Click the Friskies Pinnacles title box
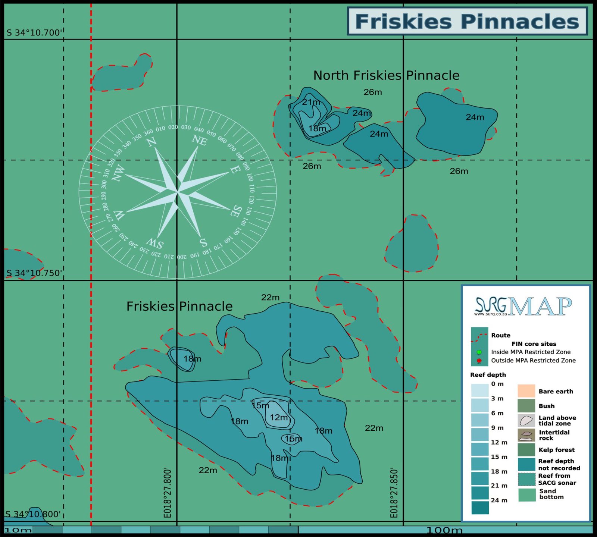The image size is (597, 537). tap(467, 21)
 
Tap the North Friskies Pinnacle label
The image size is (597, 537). tap(386, 76)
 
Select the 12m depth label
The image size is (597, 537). tap(279, 418)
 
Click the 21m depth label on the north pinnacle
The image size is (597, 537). tap(311, 102)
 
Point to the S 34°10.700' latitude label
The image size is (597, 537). tap(34, 33)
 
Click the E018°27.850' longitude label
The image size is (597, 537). tap(394, 493)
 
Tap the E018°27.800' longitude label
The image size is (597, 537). tap(168, 493)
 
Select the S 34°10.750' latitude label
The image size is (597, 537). tap(34, 273)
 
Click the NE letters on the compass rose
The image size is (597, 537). tap(199, 140)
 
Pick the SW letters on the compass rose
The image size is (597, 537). tap(155, 244)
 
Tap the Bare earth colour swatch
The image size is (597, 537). tap(526, 391)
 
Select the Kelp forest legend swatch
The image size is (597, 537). tap(526, 449)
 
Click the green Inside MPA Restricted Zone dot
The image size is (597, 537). tap(479, 352)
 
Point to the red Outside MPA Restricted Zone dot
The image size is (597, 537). tap(479, 361)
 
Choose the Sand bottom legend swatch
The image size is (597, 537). tap(526, 494)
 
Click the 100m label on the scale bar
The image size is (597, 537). tap(444, 530)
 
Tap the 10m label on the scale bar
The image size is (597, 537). tap(18, 530)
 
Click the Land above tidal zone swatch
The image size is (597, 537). tap(526, 420)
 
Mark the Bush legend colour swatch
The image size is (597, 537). tap(526, 406)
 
